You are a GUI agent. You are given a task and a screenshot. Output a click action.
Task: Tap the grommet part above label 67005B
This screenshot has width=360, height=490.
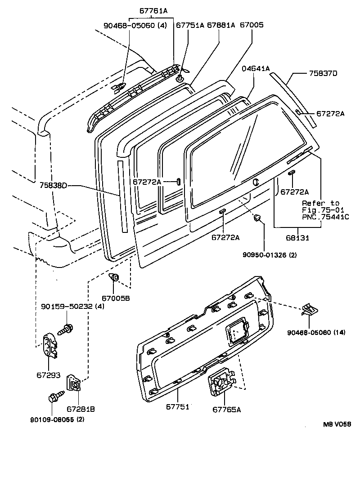[x=115, y=277]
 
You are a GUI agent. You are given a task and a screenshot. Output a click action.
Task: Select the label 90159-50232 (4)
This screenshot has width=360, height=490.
[x=69, y=307]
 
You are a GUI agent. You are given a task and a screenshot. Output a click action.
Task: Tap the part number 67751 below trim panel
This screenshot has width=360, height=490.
[x=177, y=405]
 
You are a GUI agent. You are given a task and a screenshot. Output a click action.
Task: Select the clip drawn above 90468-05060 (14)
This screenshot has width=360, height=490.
[x=310, y=309]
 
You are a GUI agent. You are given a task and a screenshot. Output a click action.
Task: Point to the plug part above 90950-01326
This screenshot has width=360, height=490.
[x=258, y=219]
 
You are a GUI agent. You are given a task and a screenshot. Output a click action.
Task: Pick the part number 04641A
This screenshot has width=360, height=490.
[x=256, y=69]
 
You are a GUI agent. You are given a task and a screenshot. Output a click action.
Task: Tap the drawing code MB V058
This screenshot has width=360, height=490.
[x=336, y=424]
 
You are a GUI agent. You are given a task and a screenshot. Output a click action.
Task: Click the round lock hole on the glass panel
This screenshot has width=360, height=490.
[x=256, y=182]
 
